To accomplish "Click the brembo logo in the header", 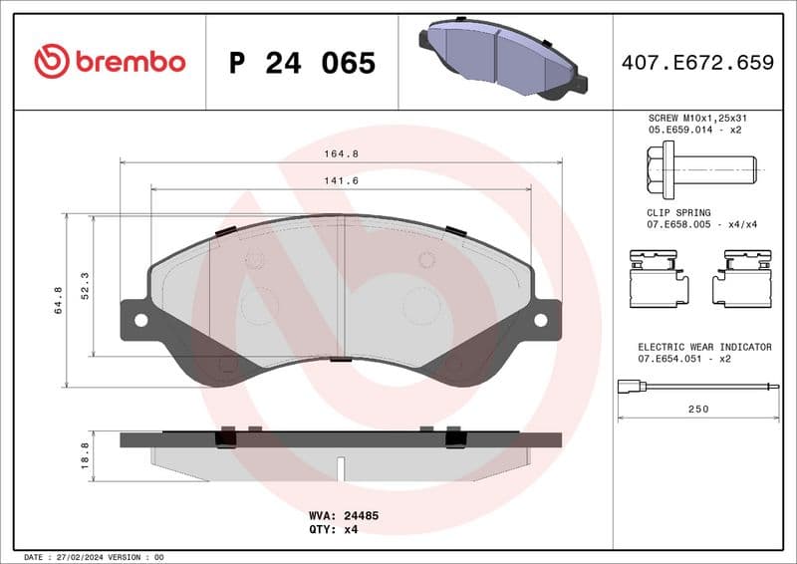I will pyautogui.click(x=110, y=62).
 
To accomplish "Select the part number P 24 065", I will pyautogui.click(x=302, y=63).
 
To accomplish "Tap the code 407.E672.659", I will pyautogui.click(x=697, y=63).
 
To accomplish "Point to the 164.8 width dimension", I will pyautogui.click(x=342, y=153).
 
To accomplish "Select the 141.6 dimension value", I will pyautogui.click(x=342, y=180).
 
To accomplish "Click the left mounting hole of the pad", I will pyautogui.click(x=140, y=320).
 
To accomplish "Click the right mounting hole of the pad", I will pyautogui.click(x=541, y=320).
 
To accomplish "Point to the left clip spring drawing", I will pyautogui.click(x=659, y=278).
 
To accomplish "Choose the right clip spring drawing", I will pyautogui.click(x=742, y=278).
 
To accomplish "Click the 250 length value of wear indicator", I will pyautogui.click(x=696, y=410).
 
